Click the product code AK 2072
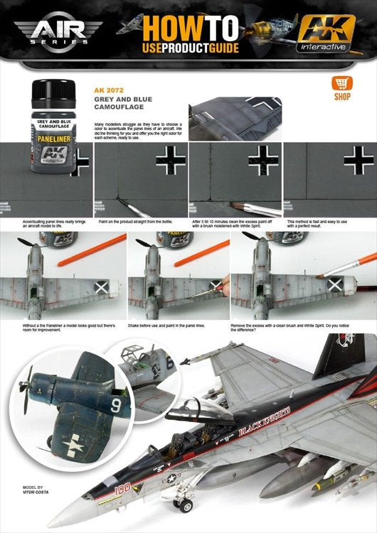point(109,90)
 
